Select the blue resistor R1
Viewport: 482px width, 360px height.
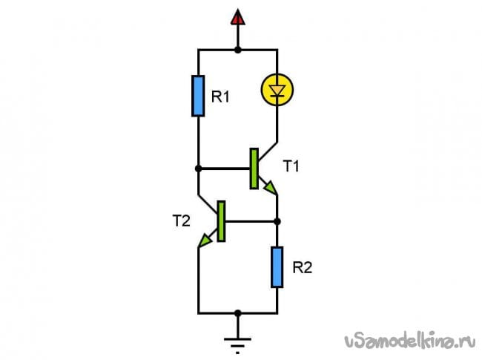pyautogui.click(x=198, y=95)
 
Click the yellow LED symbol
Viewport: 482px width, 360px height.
pyautogui.click(x=277, y=91)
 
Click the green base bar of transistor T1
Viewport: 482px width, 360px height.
pyautogui.click(x=254, y=168)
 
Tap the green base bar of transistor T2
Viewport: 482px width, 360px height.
pyautogui.click(x=221, y=221)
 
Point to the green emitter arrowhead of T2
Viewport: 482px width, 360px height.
pyautogui.click(x=203, y=242)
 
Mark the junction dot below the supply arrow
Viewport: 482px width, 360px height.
pyautogui.click(x=237, y=50)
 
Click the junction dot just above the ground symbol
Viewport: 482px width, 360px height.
pyautogui.click(x=237, y=312)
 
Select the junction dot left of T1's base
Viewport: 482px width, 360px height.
pyautogui.click(x=198, y=168)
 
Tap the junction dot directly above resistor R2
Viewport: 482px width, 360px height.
pyautogui.click(x=277, y=221)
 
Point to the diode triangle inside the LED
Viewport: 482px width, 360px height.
pyautogui.click(x=277, y=91)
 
